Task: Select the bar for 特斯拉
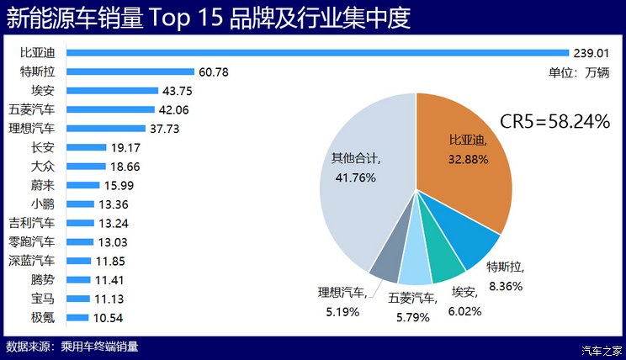coord(130,71)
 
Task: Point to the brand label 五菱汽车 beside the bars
coord(31,109)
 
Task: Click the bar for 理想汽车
coord(109,128)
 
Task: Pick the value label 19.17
coord(127,147)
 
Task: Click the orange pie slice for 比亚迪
coord(463,160)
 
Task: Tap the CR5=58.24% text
coord(554,122)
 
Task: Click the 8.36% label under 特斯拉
coord(505,286)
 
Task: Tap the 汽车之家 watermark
coord(602,350)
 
